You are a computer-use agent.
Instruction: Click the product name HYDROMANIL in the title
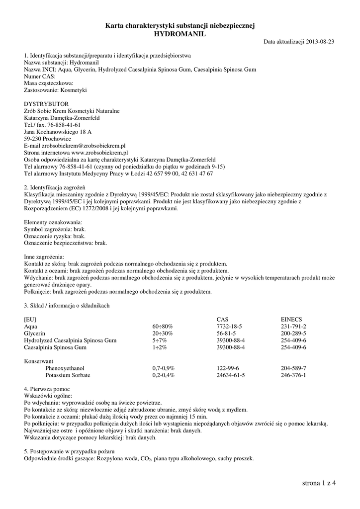(x=180, y=33)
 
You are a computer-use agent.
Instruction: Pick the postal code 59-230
(x=32, y=139)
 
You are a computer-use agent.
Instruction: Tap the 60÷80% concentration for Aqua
(x=162, y=326)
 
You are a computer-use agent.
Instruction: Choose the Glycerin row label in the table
(x=35, y=333)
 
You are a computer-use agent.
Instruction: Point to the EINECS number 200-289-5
(x=293, y=333)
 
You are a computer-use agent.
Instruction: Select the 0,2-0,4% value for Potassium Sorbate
(x=163, y=375)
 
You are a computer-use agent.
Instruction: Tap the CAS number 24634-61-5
(x=231, y=375)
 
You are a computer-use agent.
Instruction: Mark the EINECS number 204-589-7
(x=293, y=368)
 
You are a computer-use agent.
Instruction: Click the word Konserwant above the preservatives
(x=39, y=361)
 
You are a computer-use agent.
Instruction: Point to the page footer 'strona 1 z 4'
(x=319, y=483)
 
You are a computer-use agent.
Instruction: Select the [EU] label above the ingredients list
(x=30, y=319)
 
